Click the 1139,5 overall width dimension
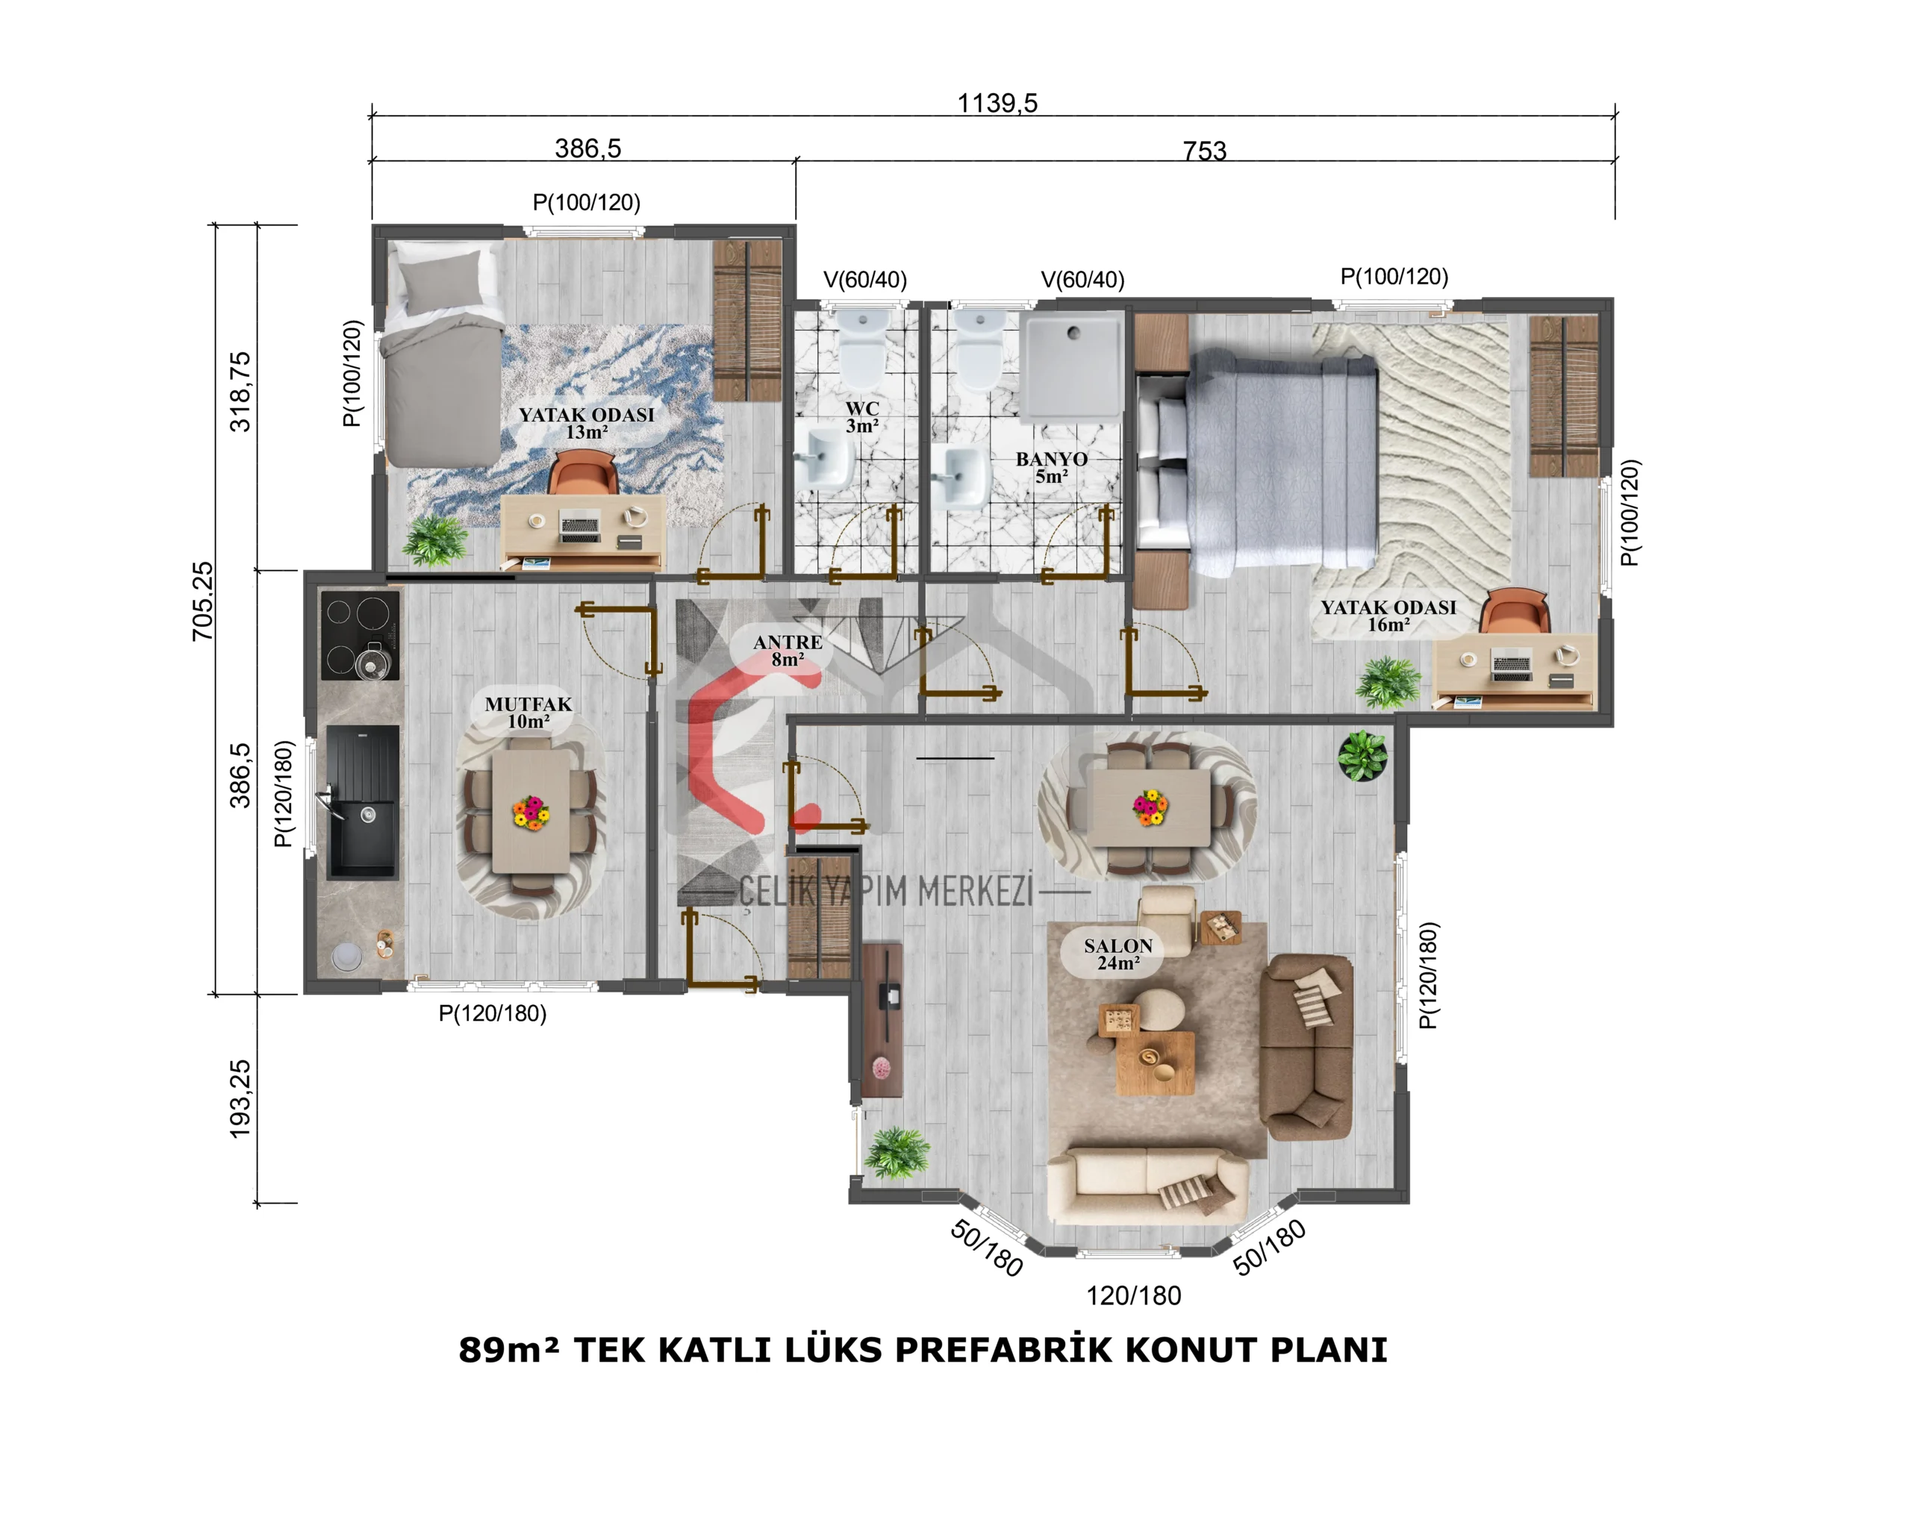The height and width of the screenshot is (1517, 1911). [997, 103]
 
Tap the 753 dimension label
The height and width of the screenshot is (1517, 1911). [1205, 151]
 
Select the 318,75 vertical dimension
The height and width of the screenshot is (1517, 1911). [240, 392]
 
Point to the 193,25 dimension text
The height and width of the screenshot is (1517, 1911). [240, 1098]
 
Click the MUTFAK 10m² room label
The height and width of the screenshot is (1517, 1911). [529, 713]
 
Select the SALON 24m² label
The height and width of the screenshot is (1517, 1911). [1118, 954]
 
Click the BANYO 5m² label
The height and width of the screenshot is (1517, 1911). [1051, 467]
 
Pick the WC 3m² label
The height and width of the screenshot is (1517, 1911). [862, 416]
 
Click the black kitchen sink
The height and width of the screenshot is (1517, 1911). [363, 802]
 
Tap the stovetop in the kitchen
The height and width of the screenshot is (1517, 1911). [360, 635]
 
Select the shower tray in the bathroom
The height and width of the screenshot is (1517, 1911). [1073, 365]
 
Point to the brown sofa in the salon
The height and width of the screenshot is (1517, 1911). [1306, 1046]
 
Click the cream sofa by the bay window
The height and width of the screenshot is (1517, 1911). [1148, 1186]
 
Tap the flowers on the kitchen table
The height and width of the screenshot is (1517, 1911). [531, 812]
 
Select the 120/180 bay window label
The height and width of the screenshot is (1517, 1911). [1134, 1295]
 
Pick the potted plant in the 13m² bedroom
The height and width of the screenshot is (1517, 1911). [435, 539]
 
